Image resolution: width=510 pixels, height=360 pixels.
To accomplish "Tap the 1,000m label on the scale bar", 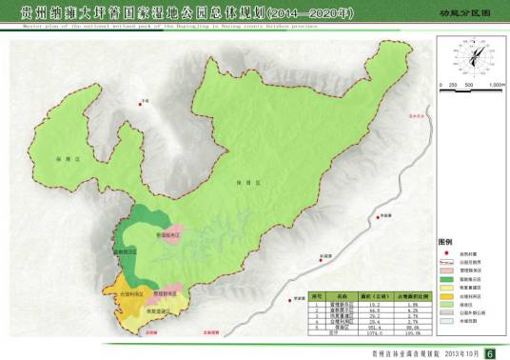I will point(496,87).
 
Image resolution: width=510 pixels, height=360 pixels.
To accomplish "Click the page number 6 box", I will point(490,353).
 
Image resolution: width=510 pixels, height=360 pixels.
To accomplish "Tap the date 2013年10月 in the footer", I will point(457,353).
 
